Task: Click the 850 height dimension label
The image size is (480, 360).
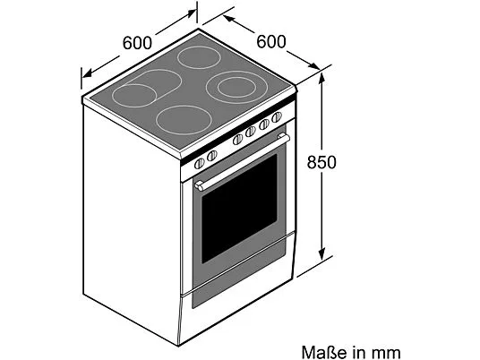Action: coord(321,162)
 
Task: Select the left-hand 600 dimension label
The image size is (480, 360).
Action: coord(137,43)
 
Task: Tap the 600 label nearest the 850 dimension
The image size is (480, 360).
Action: coord(271,41)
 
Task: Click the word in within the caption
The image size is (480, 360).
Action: coord(360,352)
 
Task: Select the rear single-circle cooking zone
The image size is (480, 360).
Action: coord(200,57)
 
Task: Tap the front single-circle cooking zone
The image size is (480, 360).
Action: coord(184,120)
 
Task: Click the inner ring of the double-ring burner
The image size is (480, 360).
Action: coord(236,87)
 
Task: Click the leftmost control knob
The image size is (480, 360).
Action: coord(200,164)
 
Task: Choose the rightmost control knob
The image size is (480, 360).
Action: coord(277,117)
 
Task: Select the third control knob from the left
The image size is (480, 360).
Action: coord(237,140)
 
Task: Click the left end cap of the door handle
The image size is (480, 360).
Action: coord(199,185)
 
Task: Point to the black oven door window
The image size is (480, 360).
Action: coord(239,209)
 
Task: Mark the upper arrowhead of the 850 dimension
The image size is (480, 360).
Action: coord(321,79)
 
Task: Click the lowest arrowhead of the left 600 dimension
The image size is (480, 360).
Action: coord(87,73)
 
